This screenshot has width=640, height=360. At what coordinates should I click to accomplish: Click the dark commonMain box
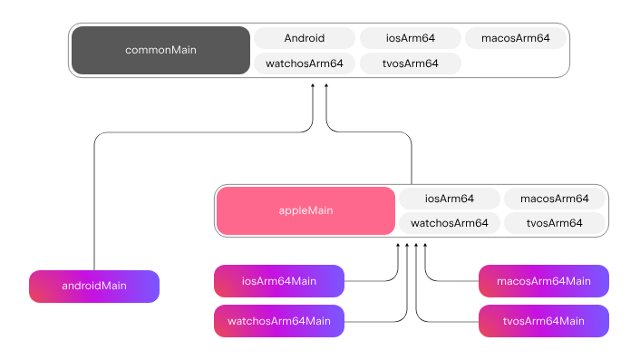pyautogui.click(x=160, y=50)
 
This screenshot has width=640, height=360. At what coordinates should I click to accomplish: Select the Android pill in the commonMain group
pyautogui.click(x=305, y=38)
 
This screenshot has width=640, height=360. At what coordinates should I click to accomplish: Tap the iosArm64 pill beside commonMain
pyautogui.click(x=411, y=38)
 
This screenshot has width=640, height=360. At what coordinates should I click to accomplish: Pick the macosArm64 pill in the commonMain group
pyautogui.click(x=516, y=38)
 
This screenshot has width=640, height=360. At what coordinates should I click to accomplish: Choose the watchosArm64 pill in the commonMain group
pyautogui.click(x=305, y=63)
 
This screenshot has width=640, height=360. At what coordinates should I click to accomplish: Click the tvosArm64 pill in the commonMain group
pyautogui.click(x=411, y=63)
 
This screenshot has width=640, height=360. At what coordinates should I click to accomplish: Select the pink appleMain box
pyautogui.click(x=305, y=211)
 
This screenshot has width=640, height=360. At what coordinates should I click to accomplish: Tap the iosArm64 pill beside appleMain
pyautogui.click(x=450, y=199)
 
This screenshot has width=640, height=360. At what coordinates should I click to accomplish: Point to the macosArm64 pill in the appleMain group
pyautogui.click(x=554, y=199)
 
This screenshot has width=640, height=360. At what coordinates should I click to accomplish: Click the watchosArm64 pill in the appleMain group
pyautogui.click(x=450, y=223)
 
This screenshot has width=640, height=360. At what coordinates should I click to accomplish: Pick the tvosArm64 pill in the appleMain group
pyautogui.click(x=554, y=223)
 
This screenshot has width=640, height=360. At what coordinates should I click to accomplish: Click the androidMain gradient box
pyautogui.click(x=94, y=287)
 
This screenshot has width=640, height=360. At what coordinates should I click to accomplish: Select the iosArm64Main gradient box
pyautogui.click(x=279, y=281)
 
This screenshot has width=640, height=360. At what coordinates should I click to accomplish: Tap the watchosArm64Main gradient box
pyautogui.click(x=279, y=321)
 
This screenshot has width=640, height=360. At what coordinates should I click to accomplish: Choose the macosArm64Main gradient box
pyautogui.click(x=544, y=281)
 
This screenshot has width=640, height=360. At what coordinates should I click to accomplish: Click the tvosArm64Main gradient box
pyautogui.click(x=544, y=321)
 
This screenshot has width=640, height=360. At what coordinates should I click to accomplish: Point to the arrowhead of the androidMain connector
pyautogui.click(x=313, y=85)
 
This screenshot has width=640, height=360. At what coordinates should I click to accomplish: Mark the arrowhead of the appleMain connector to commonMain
pyautogui.click(x=325, y=85)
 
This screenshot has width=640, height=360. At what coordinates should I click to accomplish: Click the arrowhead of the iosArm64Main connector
pyautogui.click(x=398, y=246)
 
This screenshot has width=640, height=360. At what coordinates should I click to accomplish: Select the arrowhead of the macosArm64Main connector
pyautogui.click(x=425, y=246)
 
